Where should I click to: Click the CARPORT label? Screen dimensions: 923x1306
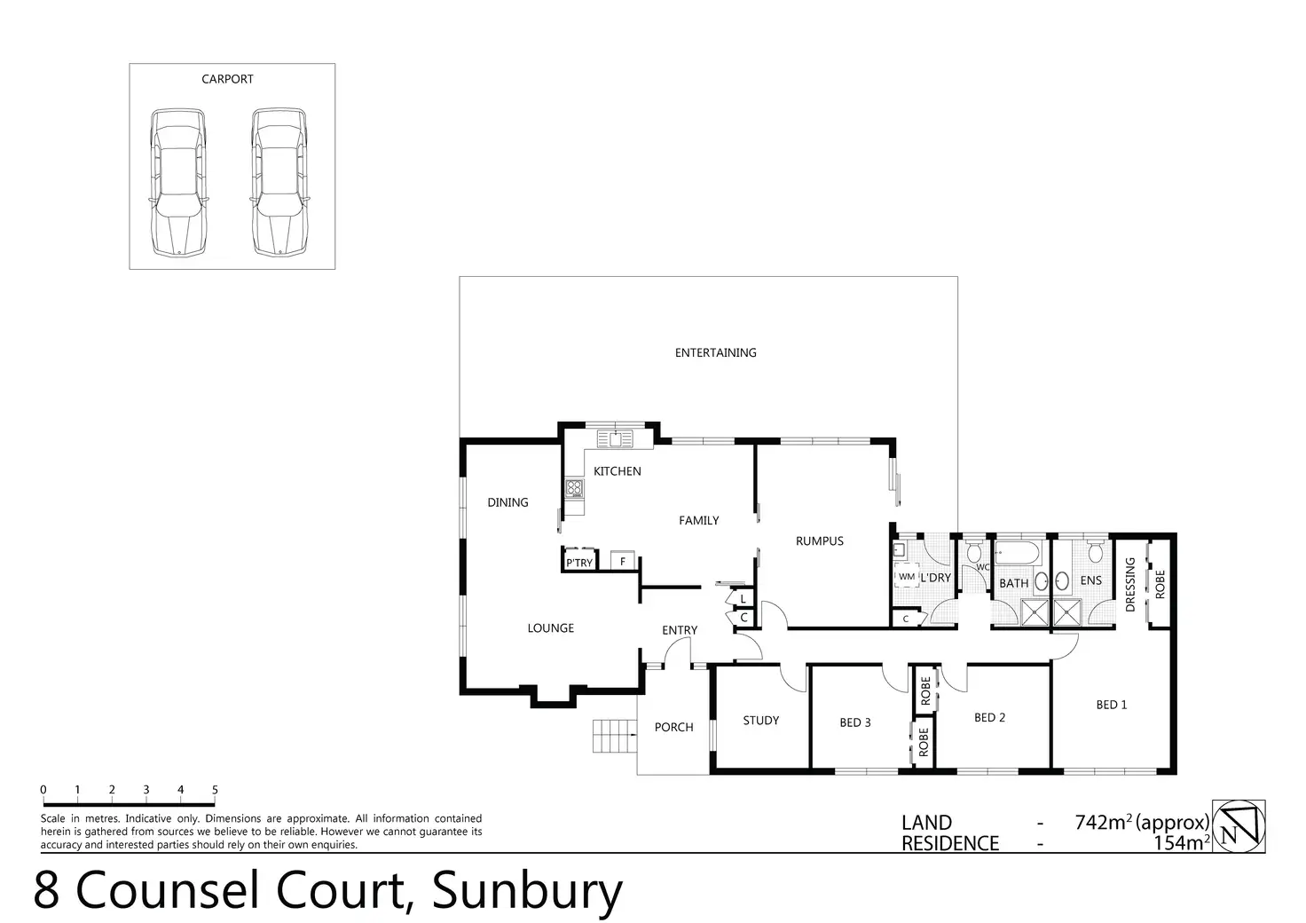227,79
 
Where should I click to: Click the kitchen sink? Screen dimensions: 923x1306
613,438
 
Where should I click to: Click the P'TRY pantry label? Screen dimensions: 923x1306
579,563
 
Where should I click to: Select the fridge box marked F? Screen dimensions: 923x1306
623,562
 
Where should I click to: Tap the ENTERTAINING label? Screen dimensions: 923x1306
715,352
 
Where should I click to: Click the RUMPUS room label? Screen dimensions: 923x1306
819,540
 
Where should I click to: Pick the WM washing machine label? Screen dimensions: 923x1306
906,577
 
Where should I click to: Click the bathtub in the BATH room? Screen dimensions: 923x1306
1019,556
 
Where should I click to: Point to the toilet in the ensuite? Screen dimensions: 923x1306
1095,552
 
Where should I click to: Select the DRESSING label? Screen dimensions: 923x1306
1130,584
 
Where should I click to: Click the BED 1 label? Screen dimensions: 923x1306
1111,705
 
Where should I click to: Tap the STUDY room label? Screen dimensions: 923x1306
760,721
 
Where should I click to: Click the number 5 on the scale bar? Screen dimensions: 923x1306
215,790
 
